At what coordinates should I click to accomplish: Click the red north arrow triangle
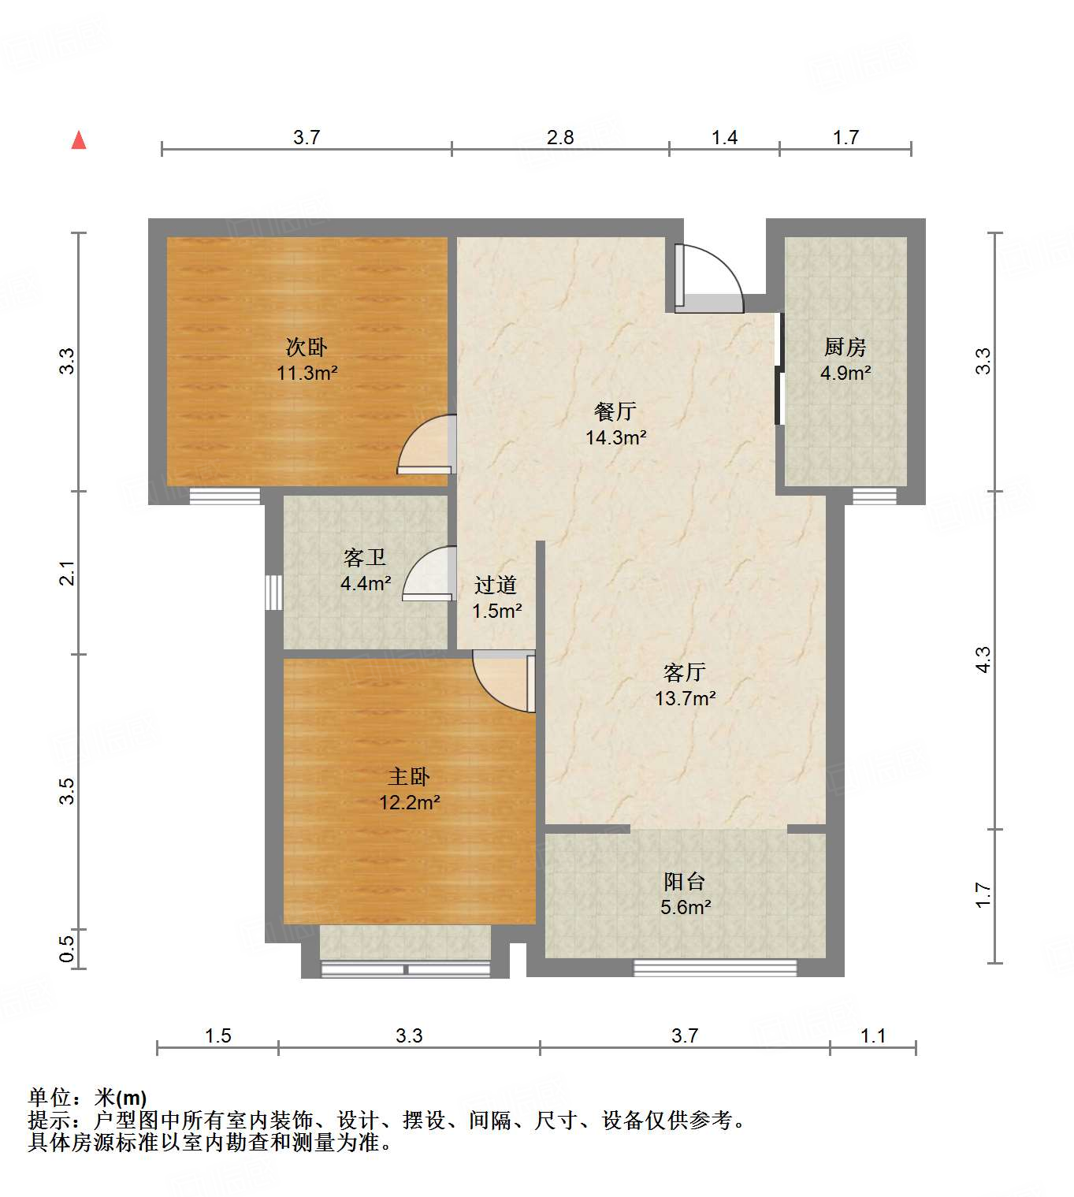pos(79,140)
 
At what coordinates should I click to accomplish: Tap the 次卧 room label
pos(307,347)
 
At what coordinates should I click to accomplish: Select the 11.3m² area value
pos(307,373)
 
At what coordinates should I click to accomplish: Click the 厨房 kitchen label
pos(845,347)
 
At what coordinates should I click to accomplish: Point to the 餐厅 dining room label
pos(615,411)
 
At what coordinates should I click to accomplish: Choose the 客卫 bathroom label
pos(365,558)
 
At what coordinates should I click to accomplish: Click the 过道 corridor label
pos(496,585)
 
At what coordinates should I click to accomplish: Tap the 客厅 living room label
pos(684,672)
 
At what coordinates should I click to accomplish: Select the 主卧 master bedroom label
pos(409,777)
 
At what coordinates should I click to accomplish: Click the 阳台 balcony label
pos(684,881)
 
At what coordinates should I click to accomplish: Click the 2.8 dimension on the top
pos(560,137)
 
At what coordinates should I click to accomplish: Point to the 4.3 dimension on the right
pos(983,660)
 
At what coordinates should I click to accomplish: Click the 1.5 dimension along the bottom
pos(217,1035)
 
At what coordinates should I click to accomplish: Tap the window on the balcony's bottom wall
pos(715,968)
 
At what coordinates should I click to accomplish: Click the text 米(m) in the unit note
pos(121,1097)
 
